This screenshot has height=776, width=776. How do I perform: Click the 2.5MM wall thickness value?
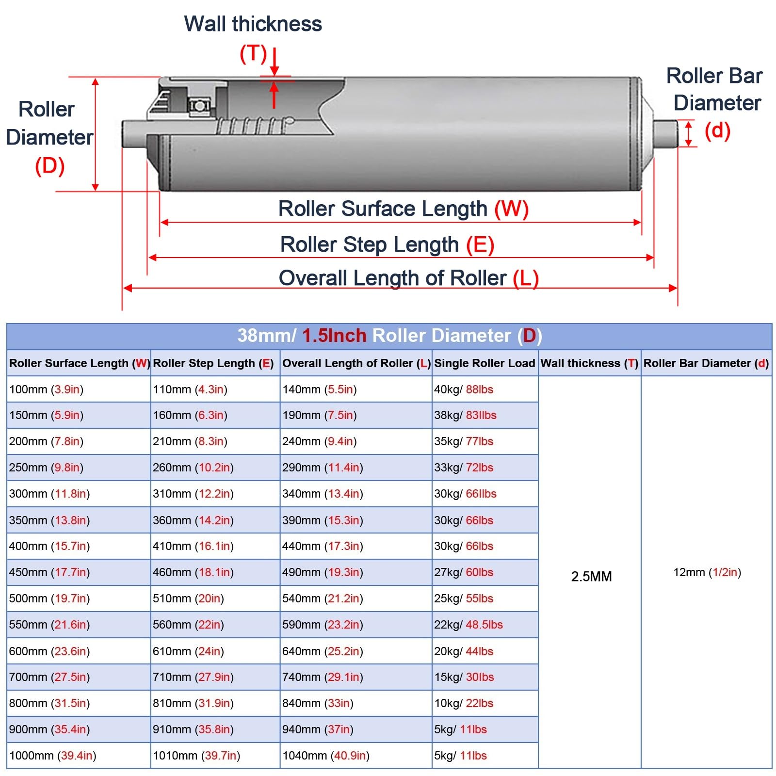tap(591, 576)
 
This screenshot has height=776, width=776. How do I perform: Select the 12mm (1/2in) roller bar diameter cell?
tap(707, 572)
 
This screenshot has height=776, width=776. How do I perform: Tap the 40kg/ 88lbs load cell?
tap(463, 389)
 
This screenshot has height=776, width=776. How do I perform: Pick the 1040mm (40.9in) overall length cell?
tap(326, 756)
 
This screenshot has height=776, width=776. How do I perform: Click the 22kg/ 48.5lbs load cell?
tap(468, 625)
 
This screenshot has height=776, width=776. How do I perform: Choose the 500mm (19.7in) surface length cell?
tap(49, 598)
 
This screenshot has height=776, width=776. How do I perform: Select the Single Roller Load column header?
tap(484, 363)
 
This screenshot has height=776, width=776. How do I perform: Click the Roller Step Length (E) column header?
tap(213, 363)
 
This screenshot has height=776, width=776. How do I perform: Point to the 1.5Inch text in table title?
tap(334, 336)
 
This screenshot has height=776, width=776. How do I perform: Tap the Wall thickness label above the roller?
tap(253, 24)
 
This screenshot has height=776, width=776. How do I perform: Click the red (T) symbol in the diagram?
tap(253, 53)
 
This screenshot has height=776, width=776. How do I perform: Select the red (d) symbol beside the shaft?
tap(717, 130)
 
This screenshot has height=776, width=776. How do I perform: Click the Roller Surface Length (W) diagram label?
tap(403, 209)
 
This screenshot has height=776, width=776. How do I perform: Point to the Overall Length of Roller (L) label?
tap(408, 278)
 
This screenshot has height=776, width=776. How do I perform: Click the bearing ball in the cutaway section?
tap(199, 105)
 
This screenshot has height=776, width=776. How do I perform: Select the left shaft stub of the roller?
tap(133, 134)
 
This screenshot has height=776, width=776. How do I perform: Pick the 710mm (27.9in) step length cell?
tap(193, 677)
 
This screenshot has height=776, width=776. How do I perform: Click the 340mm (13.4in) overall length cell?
tap(323, 494)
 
